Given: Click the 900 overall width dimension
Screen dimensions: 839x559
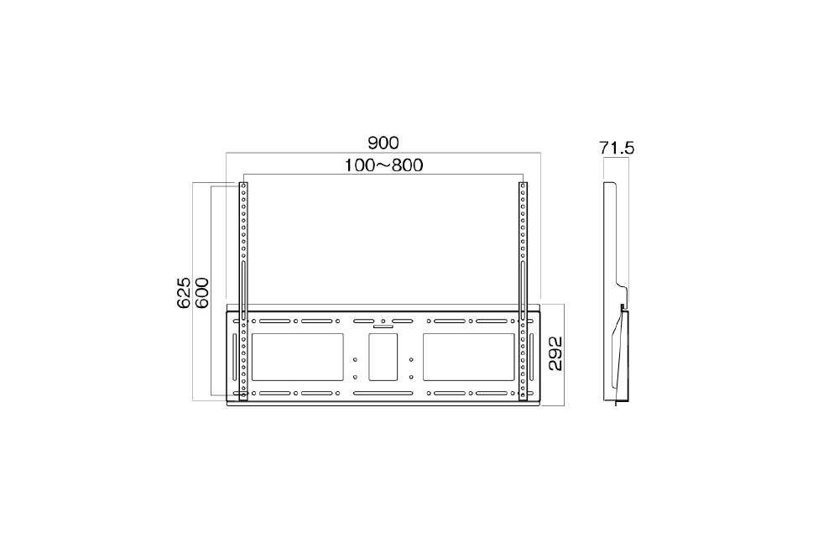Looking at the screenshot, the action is click(383, 143).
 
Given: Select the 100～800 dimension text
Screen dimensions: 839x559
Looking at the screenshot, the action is click(383, 165).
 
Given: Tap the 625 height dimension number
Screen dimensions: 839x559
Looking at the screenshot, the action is click(184, 292).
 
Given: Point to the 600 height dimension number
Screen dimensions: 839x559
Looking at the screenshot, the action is click(201, 292).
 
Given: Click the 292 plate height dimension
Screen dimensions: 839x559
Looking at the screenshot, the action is click(555, 353).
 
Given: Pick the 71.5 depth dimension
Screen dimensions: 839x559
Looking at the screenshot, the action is click(617, 148).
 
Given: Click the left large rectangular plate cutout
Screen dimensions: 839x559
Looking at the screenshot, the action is click(298, 358).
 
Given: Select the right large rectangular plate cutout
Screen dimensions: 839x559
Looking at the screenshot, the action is click(469, 358).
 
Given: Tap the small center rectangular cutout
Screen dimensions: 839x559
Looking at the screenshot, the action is click(383, 358).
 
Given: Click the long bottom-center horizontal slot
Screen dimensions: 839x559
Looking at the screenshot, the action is click(383, 394).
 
